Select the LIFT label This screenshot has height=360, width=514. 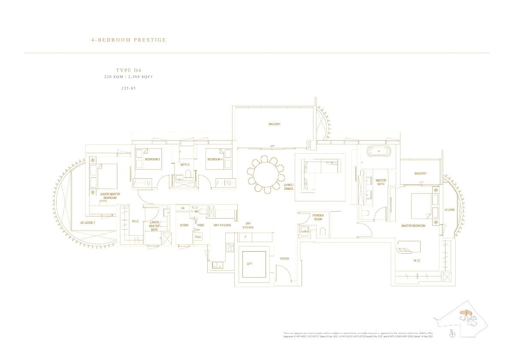click(250, 264)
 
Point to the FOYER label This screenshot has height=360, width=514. click(284, 259)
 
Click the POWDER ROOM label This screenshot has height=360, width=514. click(318, 217)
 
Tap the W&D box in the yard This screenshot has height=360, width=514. click(198, 237)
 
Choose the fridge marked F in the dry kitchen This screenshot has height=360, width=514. click(245, 237)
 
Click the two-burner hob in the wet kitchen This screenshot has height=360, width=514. click(229, 247)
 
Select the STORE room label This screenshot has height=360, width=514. click(184, 225)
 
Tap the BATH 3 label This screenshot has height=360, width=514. click(185, 165)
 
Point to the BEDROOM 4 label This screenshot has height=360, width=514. click(214, 159)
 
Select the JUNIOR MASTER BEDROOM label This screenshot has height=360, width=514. click(110, 196)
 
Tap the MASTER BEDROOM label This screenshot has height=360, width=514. click(413, 226)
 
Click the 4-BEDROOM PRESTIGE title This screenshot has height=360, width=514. click(128, 40)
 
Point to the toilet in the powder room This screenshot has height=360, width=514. click(323, 232)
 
